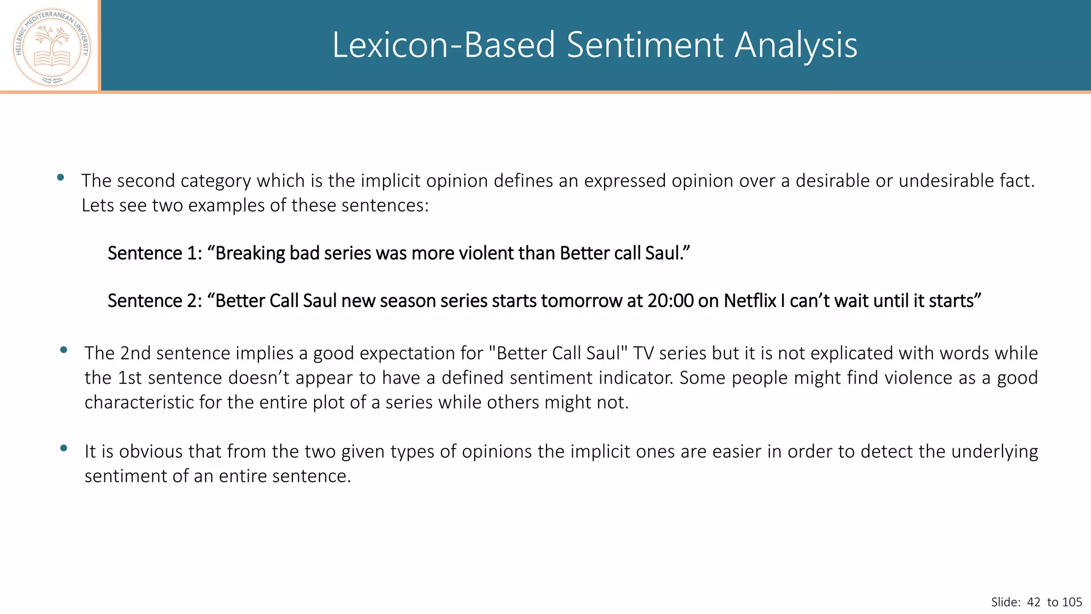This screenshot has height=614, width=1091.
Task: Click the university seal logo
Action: [52, 47]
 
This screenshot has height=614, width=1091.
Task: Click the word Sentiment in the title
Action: [645, 45]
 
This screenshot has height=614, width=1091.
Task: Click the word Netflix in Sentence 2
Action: [750, 301]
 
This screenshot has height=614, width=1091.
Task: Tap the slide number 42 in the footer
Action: [1033, 602]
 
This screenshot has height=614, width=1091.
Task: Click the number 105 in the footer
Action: [1072, 602]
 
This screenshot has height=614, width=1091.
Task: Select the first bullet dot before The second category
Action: [61, 177]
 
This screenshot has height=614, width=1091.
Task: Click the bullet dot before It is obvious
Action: [64, 448]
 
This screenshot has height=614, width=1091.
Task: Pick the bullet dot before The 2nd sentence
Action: [64, 350]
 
